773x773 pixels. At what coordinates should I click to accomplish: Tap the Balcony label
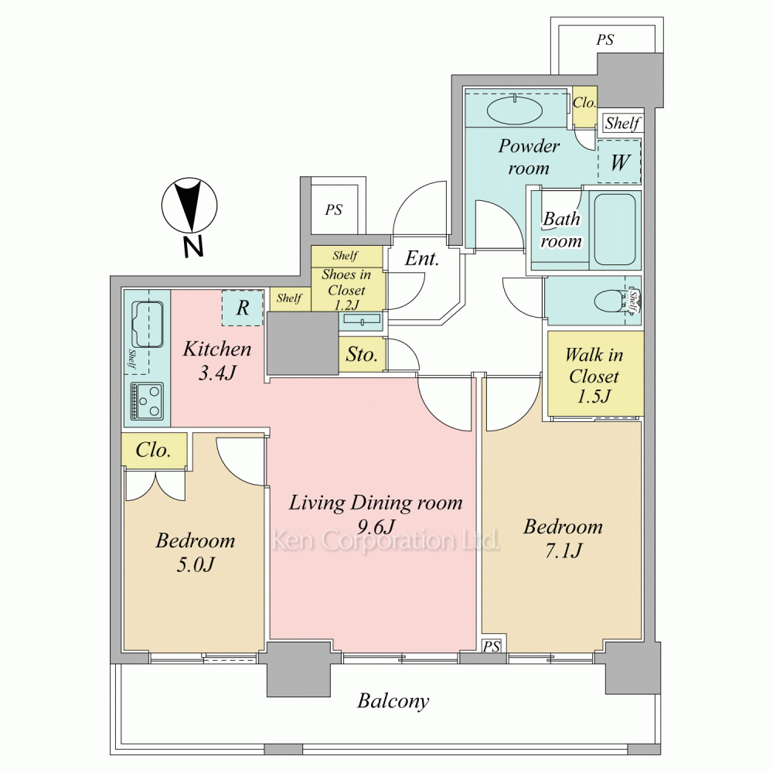pyautogui.click(x=393, y=701)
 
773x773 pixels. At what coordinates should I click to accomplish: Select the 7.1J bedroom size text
pyautogui.click(x=563, y=550)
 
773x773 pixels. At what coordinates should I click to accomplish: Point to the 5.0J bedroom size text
pyautogui.click(x=196, y=564)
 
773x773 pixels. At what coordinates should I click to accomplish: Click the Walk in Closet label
pyautogui.click(x=594, y=376)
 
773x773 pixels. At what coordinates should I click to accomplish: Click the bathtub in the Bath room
pyautogui.click(x=615, y=230)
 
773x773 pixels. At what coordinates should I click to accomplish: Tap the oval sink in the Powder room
pyautogui.click(x=515, y=110)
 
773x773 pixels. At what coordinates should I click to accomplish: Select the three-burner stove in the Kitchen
pyautogui.click(x=147, y=400)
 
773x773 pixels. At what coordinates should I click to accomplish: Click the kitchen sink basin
pyautogui.click(x=147, y=324)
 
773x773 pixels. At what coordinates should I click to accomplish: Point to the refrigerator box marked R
pyautogui.click(x=242, y=308)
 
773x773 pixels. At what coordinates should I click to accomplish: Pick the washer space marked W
pyautogui.click(x=619, y=162)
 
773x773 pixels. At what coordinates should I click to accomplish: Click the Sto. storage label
pyautogui.click(x=362, y=355)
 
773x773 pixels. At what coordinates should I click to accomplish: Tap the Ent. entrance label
pyautogui.click(x=421, y=258)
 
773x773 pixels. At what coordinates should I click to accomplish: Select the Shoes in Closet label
pyautogui.click(x=346, y=290)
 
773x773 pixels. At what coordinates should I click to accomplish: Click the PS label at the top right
pyautogui.click(x=605, y=39)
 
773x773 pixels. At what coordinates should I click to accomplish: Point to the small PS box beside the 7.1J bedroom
pyautogui.click(x=492, y=645)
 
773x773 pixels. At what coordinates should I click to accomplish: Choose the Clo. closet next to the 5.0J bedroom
pyautogui.click(x=154, y=450)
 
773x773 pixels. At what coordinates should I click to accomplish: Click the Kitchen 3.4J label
pyautogui.click(x=217, y=361)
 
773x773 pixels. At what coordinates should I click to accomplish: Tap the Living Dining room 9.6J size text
pyautogui.click(x=376, y=527)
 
